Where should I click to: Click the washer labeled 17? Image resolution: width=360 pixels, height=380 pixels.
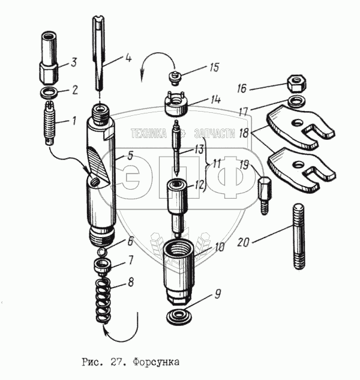click(295, 98)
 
